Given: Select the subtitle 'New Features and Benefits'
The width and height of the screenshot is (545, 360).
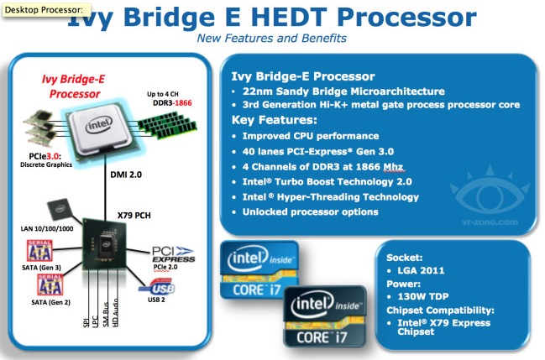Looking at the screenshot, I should (270, 39).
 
